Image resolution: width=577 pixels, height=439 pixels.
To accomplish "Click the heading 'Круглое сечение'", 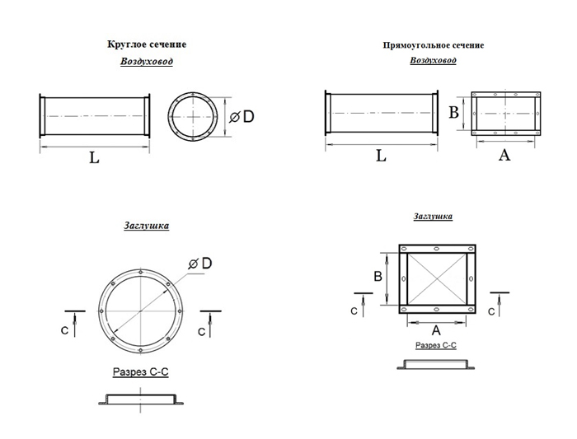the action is [147, 44].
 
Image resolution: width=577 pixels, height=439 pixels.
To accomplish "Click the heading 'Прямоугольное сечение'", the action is [433, 45].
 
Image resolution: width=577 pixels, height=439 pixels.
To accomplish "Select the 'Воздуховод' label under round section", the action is [147, 61].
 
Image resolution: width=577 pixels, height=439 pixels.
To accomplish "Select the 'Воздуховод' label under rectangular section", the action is [433, 60].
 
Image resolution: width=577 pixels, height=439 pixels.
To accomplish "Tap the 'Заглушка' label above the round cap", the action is [147, 226].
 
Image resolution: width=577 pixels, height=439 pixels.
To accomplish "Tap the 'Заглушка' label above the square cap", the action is [433, 216].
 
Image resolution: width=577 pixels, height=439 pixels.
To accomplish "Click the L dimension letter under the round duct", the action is [94, 158].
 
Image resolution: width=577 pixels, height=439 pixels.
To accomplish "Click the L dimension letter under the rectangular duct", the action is [381, 156].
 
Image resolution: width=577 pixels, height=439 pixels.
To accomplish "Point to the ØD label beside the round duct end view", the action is [242, 117].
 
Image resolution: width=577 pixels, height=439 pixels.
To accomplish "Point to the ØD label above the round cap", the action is [200, 264].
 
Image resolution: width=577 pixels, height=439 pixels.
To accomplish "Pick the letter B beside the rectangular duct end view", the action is [453, 112].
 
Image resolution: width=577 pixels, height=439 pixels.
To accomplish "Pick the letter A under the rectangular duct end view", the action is [504, 155].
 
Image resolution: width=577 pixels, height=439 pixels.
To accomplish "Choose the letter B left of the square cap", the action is [378, 276].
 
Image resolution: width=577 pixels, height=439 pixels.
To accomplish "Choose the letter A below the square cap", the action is [436, 330].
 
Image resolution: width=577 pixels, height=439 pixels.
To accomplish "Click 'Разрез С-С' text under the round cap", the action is [141, 371].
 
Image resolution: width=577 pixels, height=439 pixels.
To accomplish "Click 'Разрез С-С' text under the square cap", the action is [436, 345].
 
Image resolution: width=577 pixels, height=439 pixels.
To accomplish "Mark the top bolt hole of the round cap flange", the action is [141, 272].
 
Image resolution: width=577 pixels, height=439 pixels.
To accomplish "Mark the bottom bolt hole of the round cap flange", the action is [141, 350].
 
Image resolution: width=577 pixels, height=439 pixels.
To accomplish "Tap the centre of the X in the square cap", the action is [437, 279].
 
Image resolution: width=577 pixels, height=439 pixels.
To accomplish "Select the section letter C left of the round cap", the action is [64, 330].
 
